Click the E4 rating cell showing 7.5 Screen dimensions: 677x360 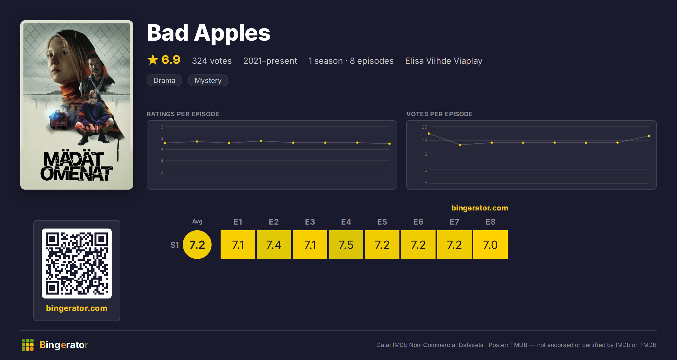coord(346,245)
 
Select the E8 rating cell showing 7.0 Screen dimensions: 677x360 coord(491,245)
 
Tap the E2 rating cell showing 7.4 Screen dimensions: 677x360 coord(274,245)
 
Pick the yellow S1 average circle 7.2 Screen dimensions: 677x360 coord(197,245)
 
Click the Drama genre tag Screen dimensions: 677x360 coord(164,80)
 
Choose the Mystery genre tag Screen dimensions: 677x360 coord(208,80)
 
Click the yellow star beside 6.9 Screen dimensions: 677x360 coord(153,60)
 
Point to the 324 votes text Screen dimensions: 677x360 coord(212,61)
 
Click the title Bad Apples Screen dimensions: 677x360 coord(208,33)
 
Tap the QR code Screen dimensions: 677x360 coord(77,264)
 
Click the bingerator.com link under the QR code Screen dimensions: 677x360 coord(77,308)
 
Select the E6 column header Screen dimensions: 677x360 coord(418,222)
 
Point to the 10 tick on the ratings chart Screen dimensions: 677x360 coord(161,127)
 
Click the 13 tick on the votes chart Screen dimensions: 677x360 coord(425,154)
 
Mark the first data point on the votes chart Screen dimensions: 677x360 coord(429,133)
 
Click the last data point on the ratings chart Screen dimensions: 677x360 coord(390,144)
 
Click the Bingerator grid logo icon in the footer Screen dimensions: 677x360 coord(28,345)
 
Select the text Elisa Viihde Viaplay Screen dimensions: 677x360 coord(444,61)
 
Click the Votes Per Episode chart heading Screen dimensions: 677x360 coord(439,114)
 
